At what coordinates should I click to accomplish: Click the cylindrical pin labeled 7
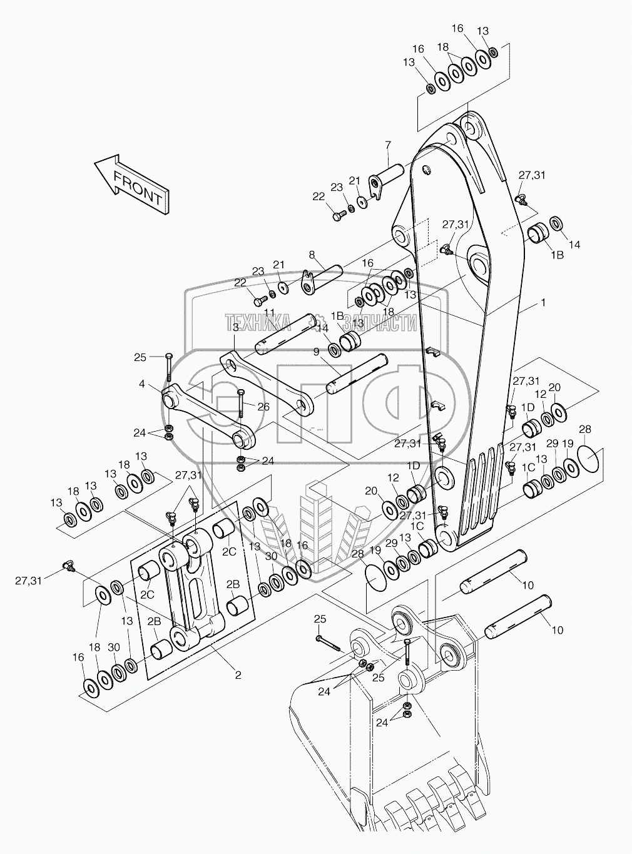pos(386,181)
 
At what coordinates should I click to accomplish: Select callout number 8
pos(312,255)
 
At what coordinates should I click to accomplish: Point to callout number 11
pos(270,312)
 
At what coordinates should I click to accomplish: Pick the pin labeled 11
pos(284,333)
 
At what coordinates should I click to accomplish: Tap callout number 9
pos(316,352)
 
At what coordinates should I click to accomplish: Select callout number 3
pos(236,327)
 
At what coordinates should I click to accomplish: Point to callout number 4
pos(142,384)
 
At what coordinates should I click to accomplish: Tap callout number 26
pos(263,407)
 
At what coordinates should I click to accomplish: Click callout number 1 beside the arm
pos(543,303)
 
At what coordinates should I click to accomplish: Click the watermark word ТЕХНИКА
pos(258,322)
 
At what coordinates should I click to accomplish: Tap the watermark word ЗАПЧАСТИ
pos(380,322)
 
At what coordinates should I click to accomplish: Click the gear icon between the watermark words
pos(318,320)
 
